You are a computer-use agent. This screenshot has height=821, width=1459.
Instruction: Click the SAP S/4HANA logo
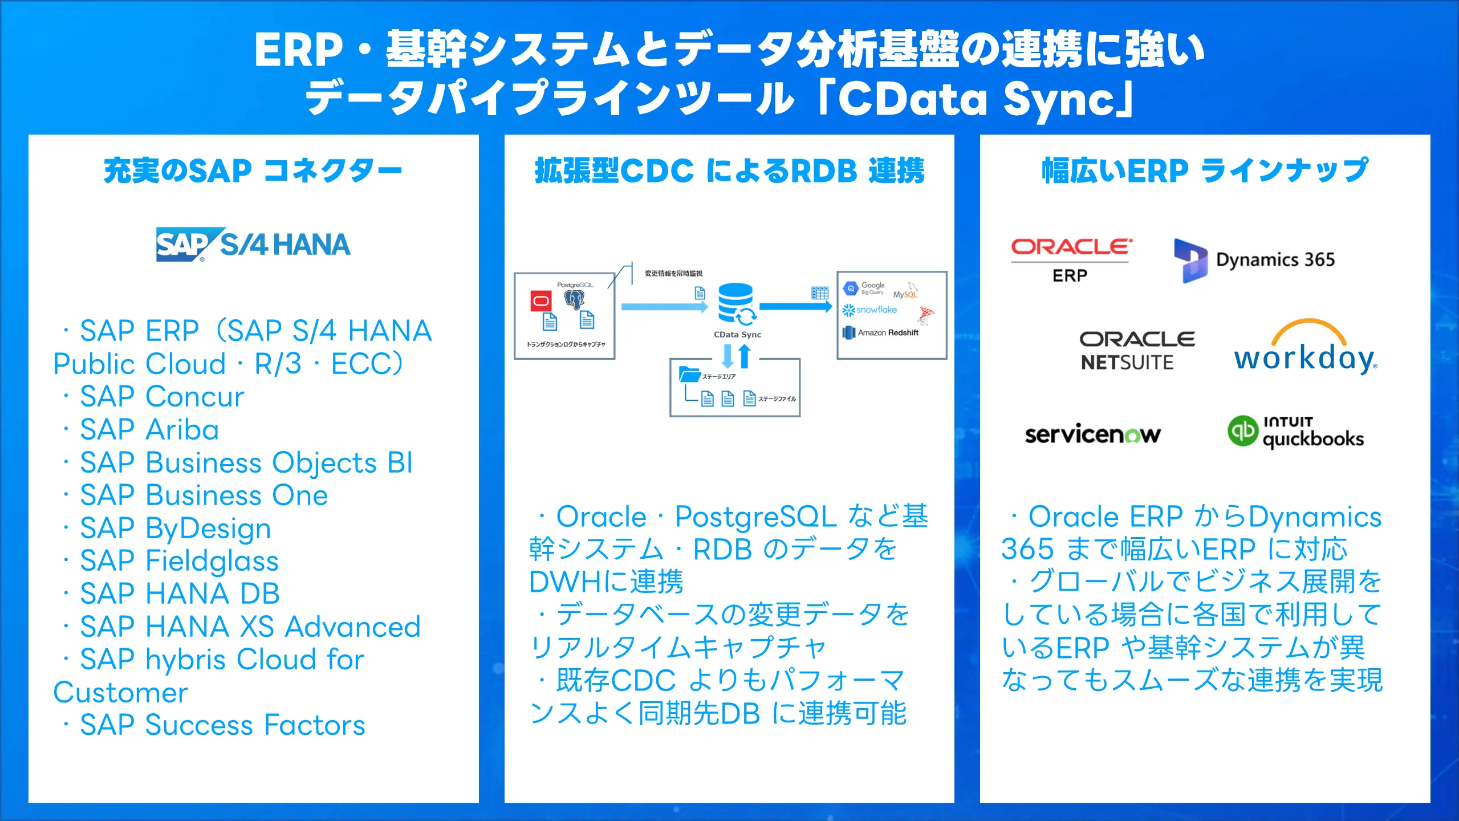253,245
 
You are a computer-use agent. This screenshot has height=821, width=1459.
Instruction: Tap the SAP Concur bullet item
162,397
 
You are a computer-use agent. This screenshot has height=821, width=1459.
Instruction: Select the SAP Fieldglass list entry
179,561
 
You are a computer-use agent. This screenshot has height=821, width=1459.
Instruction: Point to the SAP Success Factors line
222,725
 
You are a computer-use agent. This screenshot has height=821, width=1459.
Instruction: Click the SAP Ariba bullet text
149,430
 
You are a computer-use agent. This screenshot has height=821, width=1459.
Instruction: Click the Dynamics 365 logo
1254,261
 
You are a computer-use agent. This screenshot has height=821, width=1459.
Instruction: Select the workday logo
1306,348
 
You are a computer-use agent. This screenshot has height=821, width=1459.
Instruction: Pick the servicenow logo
1092,434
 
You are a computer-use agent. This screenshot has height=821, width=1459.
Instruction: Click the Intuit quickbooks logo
1295,433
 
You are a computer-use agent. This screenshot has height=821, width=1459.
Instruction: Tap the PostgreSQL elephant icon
574,299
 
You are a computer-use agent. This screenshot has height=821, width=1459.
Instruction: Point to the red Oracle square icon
540,300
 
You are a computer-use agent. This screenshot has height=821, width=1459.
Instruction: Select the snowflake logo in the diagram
870,310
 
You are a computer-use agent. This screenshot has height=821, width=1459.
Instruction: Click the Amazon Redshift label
887,332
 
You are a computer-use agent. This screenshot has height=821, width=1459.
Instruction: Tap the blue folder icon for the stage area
689,375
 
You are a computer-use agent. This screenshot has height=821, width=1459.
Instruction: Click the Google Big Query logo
864,288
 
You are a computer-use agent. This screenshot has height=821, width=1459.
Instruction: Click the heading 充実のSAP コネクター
253,170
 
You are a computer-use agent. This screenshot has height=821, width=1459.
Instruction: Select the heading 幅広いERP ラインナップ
1204,170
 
